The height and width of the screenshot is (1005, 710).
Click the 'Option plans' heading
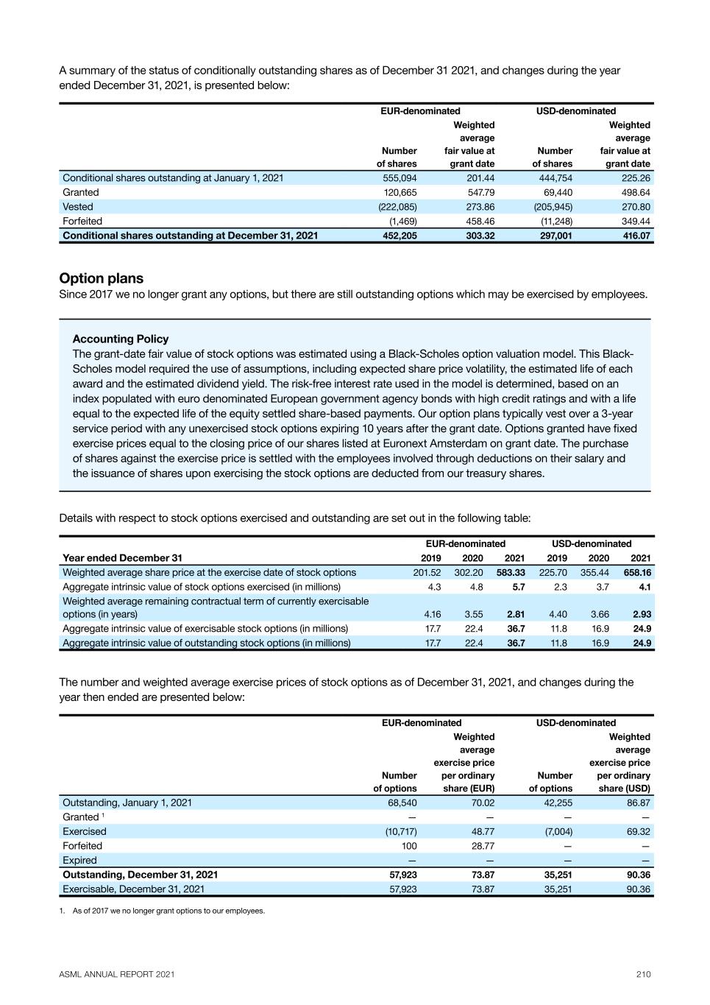tap(102, 278)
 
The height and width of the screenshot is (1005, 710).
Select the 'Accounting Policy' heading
tap(121, 339)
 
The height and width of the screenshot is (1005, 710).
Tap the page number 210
tap(644, 974)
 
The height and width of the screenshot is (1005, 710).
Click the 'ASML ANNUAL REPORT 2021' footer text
tap(117, 974)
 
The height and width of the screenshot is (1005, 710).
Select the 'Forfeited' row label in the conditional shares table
tap(82, 221)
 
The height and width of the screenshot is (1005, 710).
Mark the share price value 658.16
tap(637, 572)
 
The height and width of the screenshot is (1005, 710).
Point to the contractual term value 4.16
tap(432, 614)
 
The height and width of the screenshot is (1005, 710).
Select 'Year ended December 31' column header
tap(122, 558)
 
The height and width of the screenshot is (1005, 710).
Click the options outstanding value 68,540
tap(402, 803)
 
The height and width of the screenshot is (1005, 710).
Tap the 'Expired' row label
tap(79, 860)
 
